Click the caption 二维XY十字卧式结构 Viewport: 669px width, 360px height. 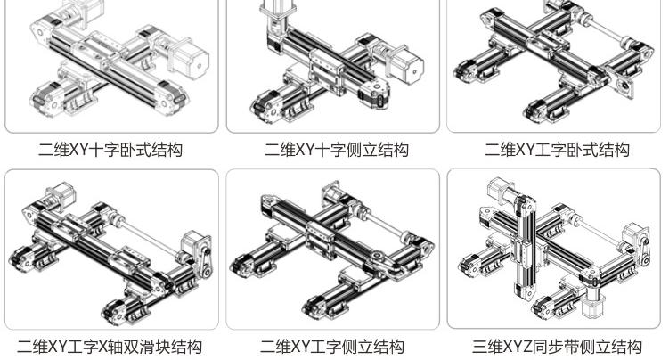[x=110, y=150]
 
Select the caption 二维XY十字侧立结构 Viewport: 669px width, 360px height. [x=336, y=150]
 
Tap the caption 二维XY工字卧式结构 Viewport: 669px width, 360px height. [x=557, y=150]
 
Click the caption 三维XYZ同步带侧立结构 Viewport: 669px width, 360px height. [x=557, y=347]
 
